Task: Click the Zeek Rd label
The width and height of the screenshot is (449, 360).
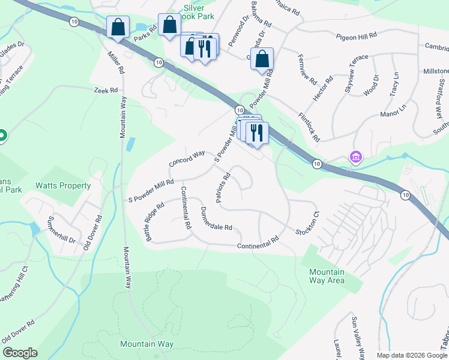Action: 106,91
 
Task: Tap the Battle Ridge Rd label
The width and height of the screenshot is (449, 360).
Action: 155,222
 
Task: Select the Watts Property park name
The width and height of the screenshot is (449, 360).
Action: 63,186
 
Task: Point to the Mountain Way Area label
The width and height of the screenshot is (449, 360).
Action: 327,276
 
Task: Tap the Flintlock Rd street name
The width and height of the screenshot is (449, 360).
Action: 308,124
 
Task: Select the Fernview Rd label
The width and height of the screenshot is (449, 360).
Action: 307,67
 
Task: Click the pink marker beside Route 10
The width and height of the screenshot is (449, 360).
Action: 356,157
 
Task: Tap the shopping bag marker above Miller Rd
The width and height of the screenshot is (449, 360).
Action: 118,28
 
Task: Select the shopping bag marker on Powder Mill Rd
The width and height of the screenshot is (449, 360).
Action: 262,59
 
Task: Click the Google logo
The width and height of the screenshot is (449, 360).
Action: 20,353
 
